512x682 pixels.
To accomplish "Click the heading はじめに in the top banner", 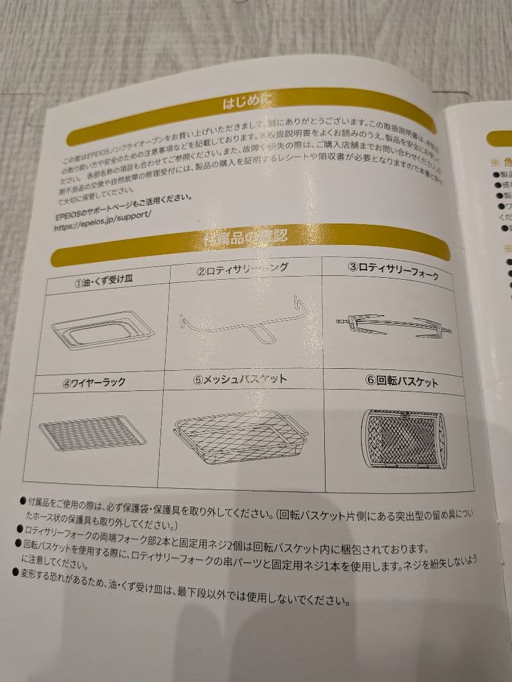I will tap(246, 102).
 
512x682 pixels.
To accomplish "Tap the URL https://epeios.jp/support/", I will tap(103, 215).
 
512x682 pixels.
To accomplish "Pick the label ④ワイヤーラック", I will tap(94, 382).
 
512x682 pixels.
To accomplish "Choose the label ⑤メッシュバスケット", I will tap(240, 380).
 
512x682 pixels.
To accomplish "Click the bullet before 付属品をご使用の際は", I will tap(23, 501).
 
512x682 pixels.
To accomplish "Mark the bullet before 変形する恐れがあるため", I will tap(16, 571).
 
